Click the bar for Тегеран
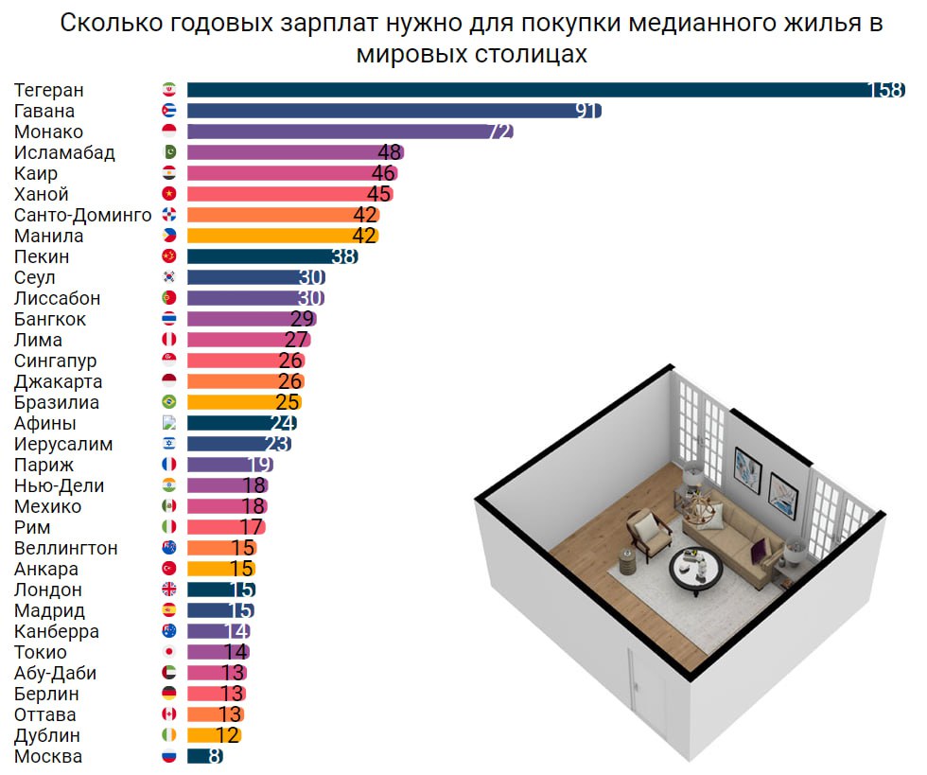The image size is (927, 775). click(x=530, y=90)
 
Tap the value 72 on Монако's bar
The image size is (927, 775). click(x=499, y=132)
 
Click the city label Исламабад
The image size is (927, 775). click(x=64, y=152)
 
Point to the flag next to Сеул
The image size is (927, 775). click(x=169, y=277)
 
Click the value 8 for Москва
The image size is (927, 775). click(x=215, y=756)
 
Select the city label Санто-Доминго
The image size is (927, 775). click(x=83, y=215)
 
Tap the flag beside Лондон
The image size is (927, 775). click(x=169, y=590)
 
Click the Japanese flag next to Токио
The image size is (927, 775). click(x=169, y=652)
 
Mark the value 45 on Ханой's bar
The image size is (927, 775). click(x=378, y=194)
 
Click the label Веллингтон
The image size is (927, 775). click(x=66, y=548)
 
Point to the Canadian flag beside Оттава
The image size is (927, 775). click(x=169, y=714)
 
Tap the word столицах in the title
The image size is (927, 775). click(x=528, y=54)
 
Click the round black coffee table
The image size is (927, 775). click(x=696, y=569)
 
